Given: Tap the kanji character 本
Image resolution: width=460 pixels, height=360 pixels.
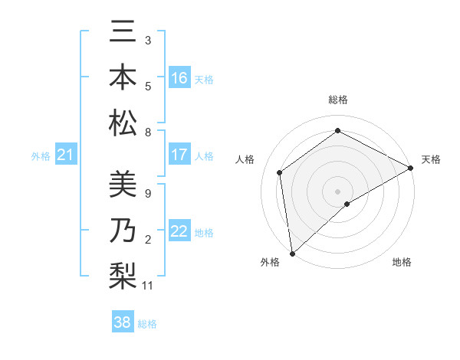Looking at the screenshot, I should (123, 77).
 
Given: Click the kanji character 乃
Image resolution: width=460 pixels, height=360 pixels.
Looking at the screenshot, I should (123, 231).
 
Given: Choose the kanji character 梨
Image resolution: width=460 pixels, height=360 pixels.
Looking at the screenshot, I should (123, 275).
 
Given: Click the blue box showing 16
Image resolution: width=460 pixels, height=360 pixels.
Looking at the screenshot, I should (179, 78).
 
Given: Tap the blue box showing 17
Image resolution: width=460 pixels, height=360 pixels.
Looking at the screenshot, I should (179, 155).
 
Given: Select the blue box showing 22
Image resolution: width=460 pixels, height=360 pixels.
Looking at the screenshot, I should (179, 231).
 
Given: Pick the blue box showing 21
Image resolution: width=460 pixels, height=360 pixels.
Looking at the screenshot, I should (66, 155).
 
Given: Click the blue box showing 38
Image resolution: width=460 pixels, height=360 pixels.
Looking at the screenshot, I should (123, 322).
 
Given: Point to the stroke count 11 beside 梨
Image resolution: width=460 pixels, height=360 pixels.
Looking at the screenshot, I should (148, 286).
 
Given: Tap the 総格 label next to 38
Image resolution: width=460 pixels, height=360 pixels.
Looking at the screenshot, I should (147, 324).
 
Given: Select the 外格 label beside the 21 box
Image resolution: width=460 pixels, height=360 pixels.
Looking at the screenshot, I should (41, 156).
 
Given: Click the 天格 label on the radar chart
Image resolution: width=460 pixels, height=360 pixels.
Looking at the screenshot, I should (431, 159).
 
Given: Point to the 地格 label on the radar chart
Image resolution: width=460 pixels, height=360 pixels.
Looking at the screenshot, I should (402, 262).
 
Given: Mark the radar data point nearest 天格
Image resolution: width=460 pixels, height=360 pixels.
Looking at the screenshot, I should (411, 169).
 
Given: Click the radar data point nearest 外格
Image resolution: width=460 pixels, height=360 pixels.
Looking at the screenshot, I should (292, 253).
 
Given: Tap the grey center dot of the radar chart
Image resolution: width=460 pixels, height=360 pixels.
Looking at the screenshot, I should (337, 191).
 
